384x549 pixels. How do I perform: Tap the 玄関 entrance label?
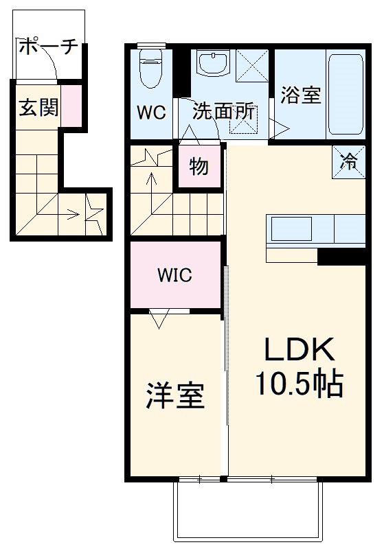click(x=38, y=107)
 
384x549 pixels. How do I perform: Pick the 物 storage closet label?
click(x=199, y=166)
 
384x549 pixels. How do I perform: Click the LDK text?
click(x=300, y=351)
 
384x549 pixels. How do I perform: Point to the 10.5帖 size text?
click(x=300, y=384)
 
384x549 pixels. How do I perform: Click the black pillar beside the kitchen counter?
click(x=341, y=257)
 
